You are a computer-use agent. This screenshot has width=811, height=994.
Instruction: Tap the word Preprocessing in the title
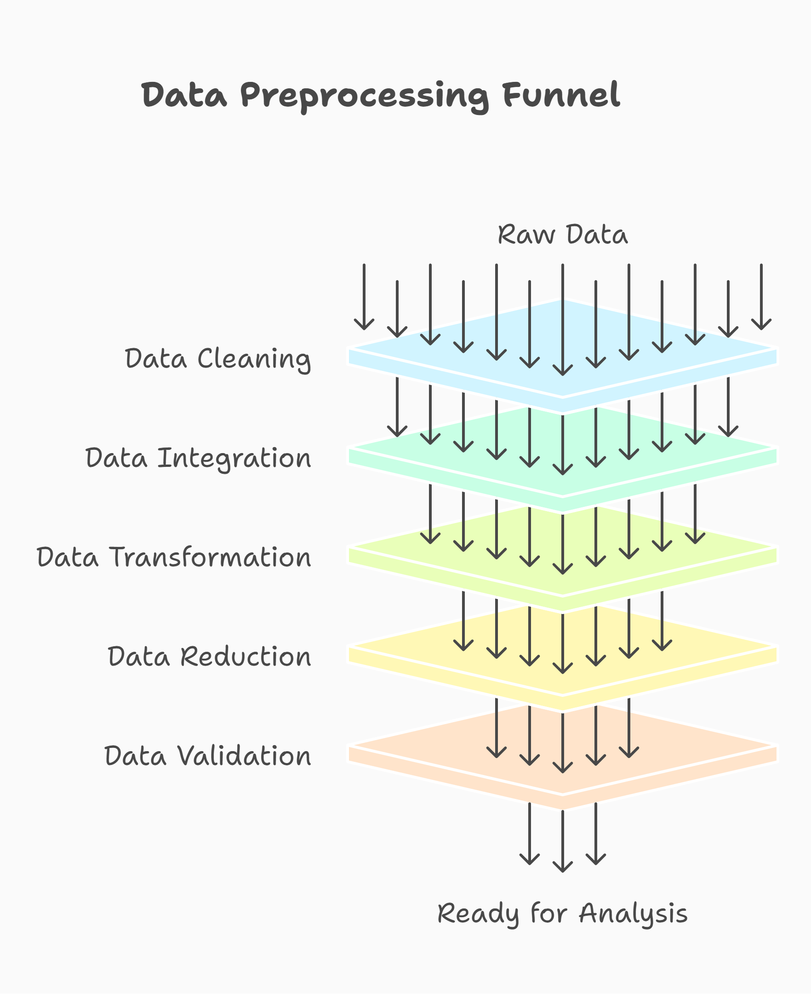tap(365, 96)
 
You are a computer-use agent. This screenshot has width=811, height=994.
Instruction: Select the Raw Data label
tap(562, 235)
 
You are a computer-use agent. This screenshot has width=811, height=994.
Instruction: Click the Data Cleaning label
tap(218, 359)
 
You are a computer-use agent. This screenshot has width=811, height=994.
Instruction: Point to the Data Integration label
tap(198, 458)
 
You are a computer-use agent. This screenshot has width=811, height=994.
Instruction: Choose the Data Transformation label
tap(174, 557)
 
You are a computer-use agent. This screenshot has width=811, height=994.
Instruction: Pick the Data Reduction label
tap(209, 656)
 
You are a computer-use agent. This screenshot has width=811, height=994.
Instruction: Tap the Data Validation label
tap(207, 756)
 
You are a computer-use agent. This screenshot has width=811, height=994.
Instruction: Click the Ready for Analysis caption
tap(562, 914)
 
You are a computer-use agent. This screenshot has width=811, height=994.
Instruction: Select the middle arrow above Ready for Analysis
tap(562, 841)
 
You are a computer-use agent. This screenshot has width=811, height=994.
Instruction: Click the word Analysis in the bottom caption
tap(633, 914)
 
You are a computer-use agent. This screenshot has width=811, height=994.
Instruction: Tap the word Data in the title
tap(184, 95)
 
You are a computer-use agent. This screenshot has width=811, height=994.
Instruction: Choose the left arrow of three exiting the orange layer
tap(530, 834)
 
